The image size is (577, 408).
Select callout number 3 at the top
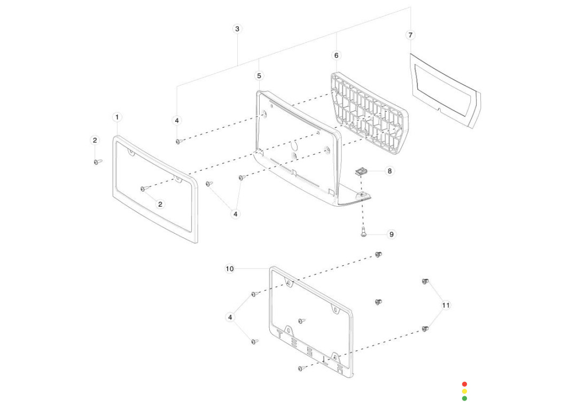(x=238, y=29)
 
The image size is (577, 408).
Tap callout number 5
(x=259, y=76)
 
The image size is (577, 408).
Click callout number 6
(x=336, y=56)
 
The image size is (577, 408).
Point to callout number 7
(x=410, y=35)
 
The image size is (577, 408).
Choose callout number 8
(x=389, y=171)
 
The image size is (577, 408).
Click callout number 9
(x=392, y=234)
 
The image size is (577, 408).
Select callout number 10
(x=230, y=269)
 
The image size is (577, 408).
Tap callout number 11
(x=446, y=305)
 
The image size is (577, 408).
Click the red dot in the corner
(x=464, y=384)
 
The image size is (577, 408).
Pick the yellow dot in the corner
(x=464, y=391)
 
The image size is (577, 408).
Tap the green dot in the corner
(x=464, y=398)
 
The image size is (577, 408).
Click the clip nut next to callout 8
(x=361, y=172)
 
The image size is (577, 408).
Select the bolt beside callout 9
(x=363, y=233)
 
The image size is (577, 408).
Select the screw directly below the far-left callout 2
(x=97, y=161)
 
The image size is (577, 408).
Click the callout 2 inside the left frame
(x=161, y=204)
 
